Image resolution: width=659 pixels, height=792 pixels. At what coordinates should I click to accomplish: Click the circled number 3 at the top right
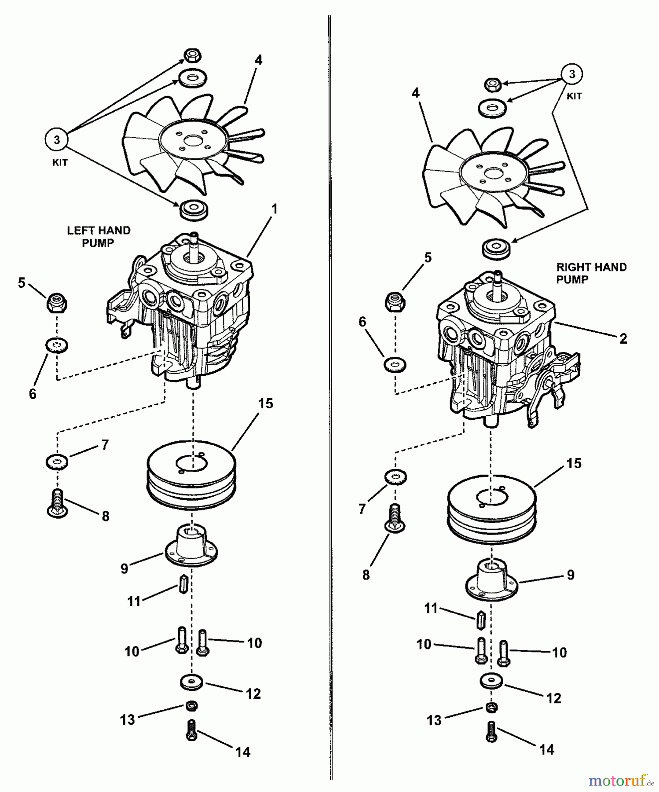571,74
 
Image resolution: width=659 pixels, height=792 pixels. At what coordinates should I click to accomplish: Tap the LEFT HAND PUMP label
98,236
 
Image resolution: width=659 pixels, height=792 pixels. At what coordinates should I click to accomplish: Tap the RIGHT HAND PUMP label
591,273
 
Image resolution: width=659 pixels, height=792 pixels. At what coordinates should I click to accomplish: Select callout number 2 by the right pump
622,338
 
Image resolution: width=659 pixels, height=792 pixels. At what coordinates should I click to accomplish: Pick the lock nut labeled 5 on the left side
56,303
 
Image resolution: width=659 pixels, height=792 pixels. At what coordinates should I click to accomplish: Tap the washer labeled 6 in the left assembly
57,345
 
